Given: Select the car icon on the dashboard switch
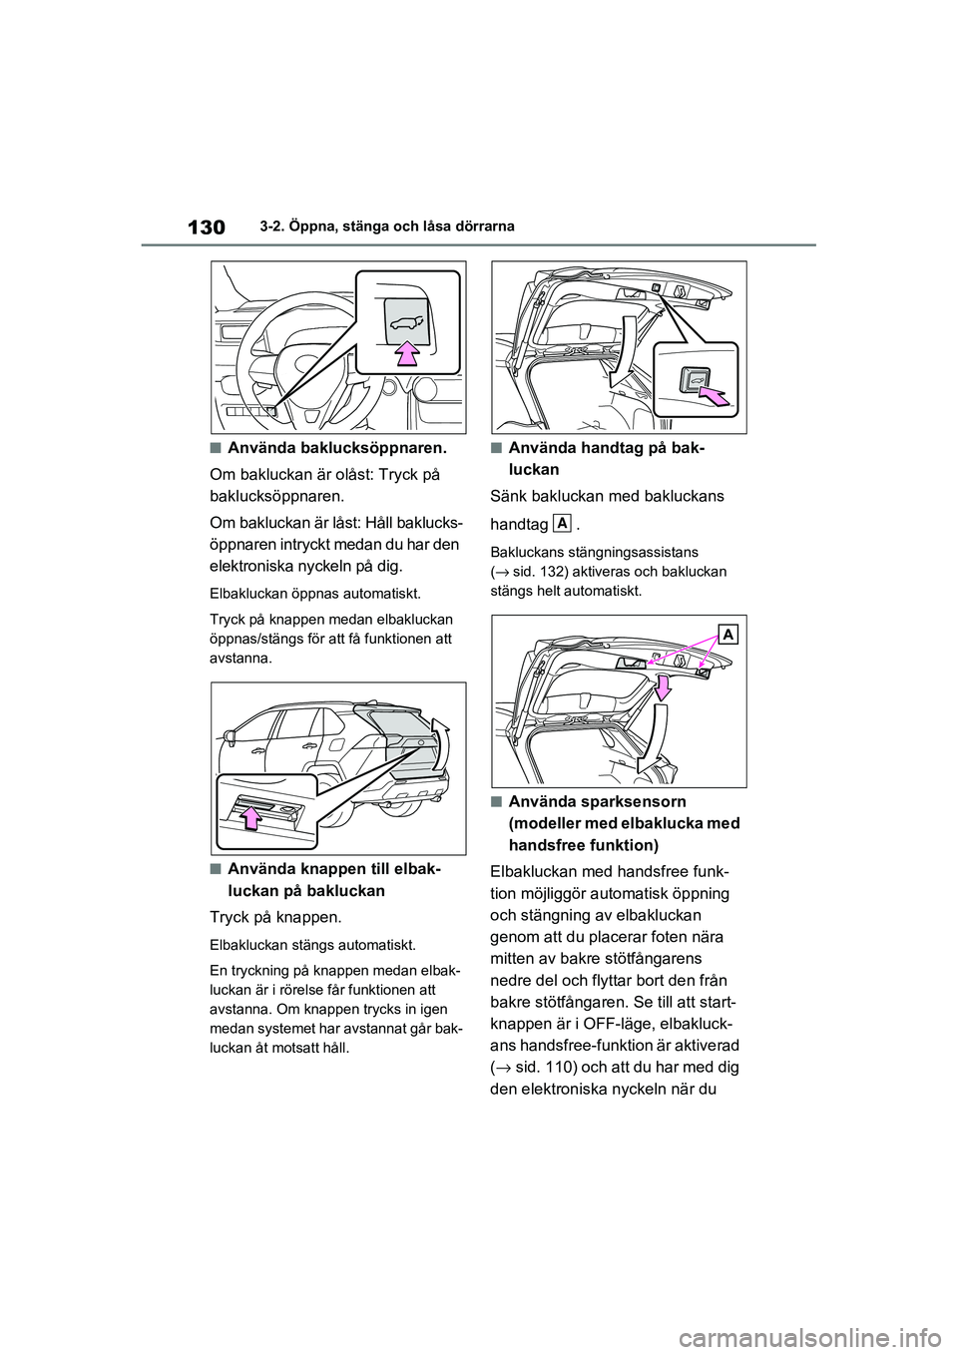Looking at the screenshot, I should [x=406, y=321].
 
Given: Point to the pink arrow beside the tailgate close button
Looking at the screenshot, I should [x=714, y=398].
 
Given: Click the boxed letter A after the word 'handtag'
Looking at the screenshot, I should [x=562, y=524].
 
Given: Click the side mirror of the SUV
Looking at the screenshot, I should [x=231, y=739].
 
